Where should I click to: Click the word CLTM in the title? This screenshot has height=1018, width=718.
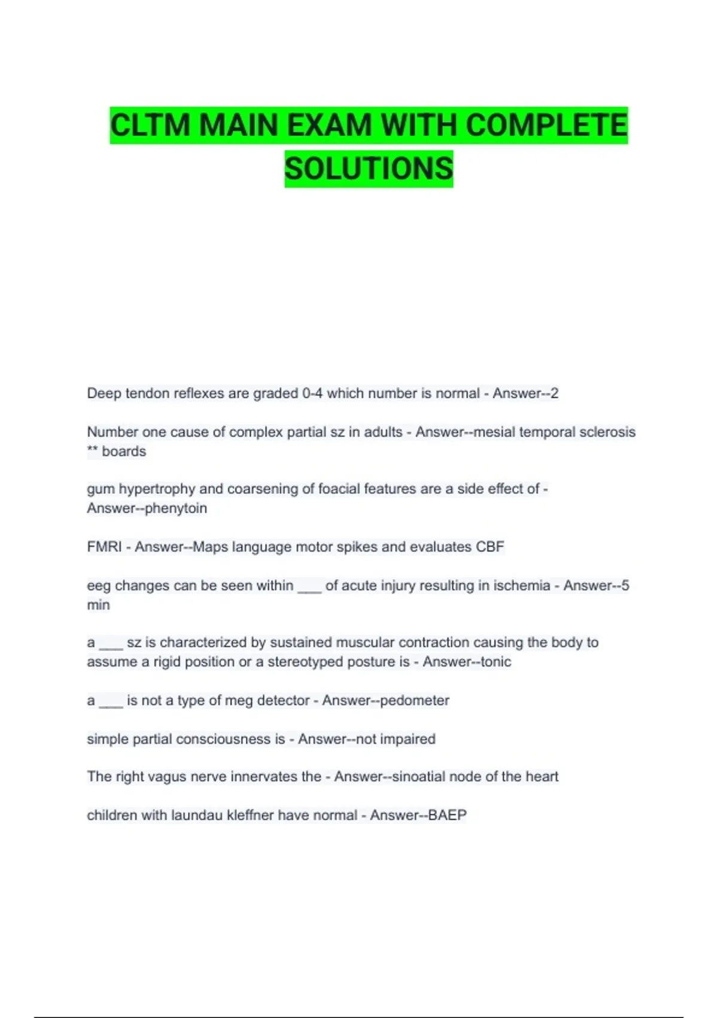(150, 126)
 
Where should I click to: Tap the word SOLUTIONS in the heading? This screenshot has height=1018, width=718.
(369, 169)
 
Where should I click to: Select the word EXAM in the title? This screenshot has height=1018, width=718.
(328, 126)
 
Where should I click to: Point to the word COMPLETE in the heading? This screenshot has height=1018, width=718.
(546, 126)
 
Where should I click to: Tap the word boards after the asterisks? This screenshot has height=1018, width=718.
(124, 451)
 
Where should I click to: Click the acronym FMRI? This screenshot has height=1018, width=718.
(104, 547)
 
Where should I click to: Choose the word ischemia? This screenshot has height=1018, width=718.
(520, 585)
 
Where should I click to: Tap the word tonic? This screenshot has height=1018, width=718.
(496, 662)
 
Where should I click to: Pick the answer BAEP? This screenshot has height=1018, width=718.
(447, 815)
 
